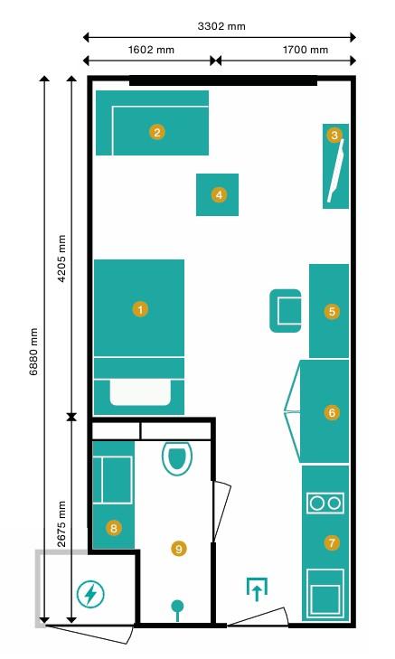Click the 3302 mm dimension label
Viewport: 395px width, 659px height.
point(221,26)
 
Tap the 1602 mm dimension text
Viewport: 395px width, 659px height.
point(151,50)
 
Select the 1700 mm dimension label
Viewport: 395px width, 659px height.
point(306,50)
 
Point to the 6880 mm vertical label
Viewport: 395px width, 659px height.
point(33,352)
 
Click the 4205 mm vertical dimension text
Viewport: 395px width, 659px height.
point(61,259)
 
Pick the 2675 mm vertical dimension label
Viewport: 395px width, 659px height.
point(61,523)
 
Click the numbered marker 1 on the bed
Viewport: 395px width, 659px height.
point(140,309)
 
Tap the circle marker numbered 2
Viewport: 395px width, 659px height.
point(156,132)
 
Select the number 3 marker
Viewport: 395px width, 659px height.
point(334,135)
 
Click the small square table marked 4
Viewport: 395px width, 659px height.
point(217,194)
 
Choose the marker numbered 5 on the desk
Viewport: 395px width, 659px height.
point(332,312)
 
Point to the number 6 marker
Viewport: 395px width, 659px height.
point(332,412)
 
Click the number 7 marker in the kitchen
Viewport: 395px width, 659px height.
point(332,542)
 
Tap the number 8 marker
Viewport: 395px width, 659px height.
point(114,528)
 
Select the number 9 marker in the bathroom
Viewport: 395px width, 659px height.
point(179,549)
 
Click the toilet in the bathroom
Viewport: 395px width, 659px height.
point(177,458)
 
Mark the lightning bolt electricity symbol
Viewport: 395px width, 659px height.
point(90,594)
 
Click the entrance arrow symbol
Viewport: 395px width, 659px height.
point(257,589)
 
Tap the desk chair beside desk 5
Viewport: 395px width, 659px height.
point(286,311)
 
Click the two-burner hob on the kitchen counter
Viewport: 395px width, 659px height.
point(325,504)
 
